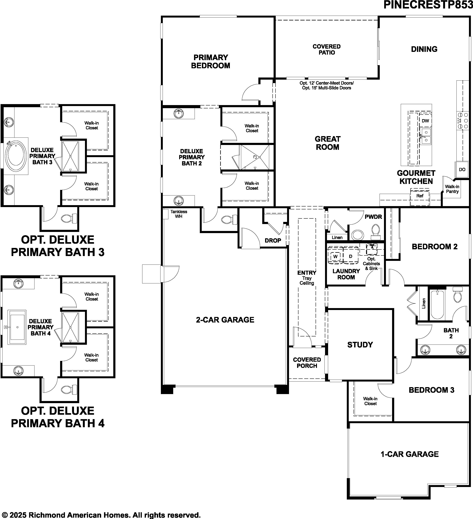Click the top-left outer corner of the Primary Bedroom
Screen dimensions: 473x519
coord(161,16)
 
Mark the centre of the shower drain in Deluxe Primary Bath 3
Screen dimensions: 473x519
coord(70,170)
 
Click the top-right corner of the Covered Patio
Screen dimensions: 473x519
coord(378,16)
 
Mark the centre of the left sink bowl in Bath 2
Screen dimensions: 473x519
coord(425,349)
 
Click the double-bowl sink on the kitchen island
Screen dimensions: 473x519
coord(425,136)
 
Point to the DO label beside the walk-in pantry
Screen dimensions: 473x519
coord(462,169)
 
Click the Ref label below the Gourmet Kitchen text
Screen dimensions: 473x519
coord(420,196)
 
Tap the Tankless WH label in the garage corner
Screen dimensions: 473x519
coord(179,214)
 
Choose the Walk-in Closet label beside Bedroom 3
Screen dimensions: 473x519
coord(370,401)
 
